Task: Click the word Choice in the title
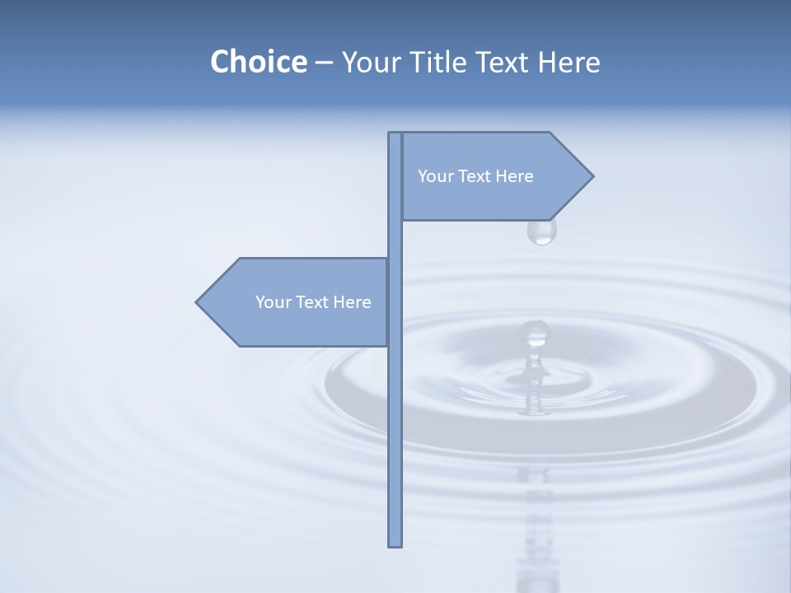point(258,62)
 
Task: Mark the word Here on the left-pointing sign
point(353,302)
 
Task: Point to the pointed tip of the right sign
point(591,175)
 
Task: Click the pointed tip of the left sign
point(198,302)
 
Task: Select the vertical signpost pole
point(395,412)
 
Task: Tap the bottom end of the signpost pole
point(395,544)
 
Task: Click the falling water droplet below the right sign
point(541,232)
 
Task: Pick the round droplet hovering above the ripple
point(534,333)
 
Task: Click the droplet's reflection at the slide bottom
point(537,568)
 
